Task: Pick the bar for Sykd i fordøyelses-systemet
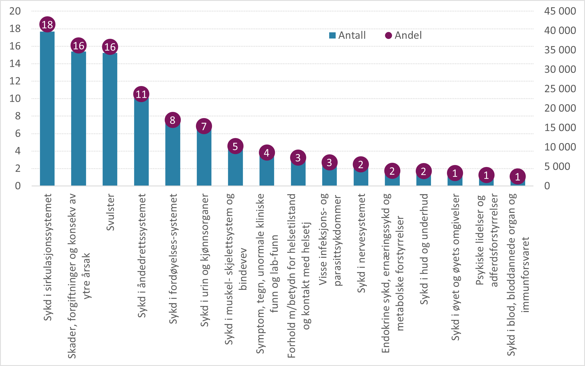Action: click(173, 155)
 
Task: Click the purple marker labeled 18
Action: click(47, 24)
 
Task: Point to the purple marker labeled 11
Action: click(141, 94)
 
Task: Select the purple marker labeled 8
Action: click(173, 120)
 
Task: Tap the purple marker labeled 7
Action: click(204, 126)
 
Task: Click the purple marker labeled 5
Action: click(235, 146)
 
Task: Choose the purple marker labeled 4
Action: click(266, 153)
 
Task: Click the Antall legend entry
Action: click(348, 35)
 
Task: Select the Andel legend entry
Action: click(404, 35)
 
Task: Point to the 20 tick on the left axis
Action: click(15, 11)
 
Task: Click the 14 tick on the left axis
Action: click(15, 64)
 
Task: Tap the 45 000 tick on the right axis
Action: click(560, 11)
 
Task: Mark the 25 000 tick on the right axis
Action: click(560, 89)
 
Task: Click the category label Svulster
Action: click(110, 213)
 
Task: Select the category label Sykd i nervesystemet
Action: click(361, 243)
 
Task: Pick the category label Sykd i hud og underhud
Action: click(424, 249)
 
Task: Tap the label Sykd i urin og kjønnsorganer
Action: click(204, 260)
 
